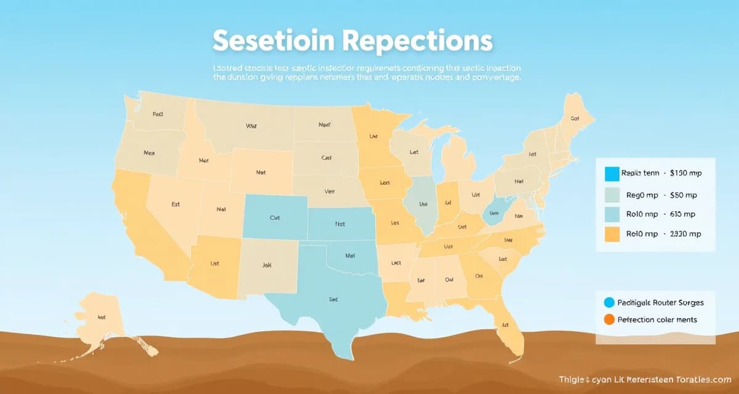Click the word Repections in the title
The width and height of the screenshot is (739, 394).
(x=417, y=41)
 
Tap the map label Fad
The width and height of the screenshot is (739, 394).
(x=158, y=114)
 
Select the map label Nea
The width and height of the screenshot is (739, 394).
(x=149, y=152)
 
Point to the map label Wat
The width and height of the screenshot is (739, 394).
(x=251, y=126)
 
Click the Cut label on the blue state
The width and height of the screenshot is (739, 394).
(x=275, y=217)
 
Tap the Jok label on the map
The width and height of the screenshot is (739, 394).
(x=266, y=266)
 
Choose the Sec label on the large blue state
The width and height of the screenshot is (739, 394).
(x=333, y=299)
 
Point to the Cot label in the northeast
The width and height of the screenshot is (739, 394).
(x=575, y=118)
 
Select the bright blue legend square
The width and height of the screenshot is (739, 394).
(x=612, y=173)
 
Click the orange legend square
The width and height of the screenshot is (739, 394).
(x=612, y=233)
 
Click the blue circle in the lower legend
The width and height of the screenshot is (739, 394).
(x=609, y=302)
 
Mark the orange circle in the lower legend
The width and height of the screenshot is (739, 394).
(x=609, y=320)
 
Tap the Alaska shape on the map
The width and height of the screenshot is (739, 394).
(x=105, y=317)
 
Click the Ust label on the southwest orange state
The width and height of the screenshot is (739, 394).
(x=215, y=263)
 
